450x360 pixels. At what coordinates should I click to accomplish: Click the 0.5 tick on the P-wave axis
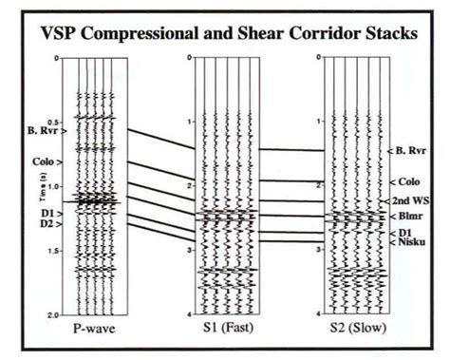pos(55,123)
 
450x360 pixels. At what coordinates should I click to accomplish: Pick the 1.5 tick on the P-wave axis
pos(55,251)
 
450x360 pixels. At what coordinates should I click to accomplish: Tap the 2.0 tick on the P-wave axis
pos(55,314)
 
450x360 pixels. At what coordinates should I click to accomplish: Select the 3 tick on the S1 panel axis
pos(191,250)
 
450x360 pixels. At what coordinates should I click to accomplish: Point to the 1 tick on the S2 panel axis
pos(320,123)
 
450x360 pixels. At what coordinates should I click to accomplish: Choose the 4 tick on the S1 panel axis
pos(191,313)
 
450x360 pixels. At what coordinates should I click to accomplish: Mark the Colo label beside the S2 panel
pos(409,181)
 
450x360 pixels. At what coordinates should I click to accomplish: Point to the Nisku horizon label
pos(411,243)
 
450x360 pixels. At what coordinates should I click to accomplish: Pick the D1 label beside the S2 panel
pos(404,232)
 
